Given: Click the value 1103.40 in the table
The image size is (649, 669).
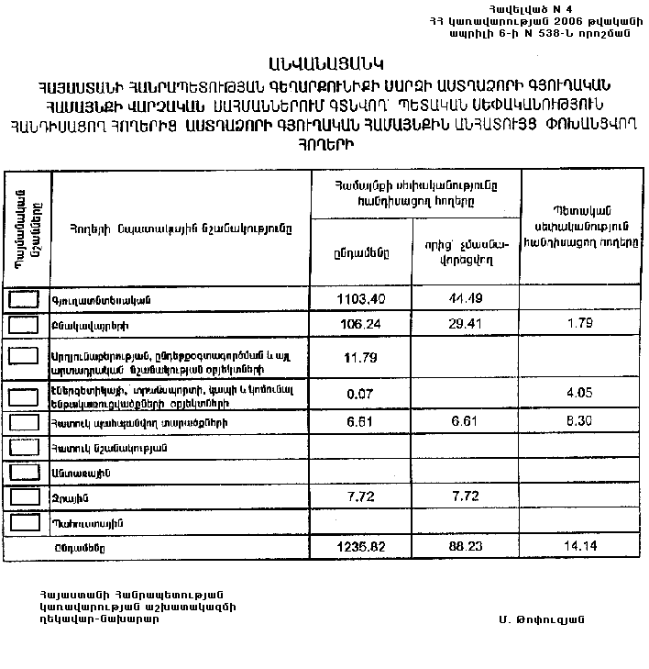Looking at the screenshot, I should [x=361, y=299].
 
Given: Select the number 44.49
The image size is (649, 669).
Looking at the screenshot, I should [x=465, y=299].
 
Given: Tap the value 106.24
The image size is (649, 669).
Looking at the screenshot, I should [x=361, y=324].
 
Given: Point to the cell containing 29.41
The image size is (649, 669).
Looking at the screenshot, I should [x=465, y=324].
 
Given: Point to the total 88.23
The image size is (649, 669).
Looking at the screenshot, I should [x=465, y=547].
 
